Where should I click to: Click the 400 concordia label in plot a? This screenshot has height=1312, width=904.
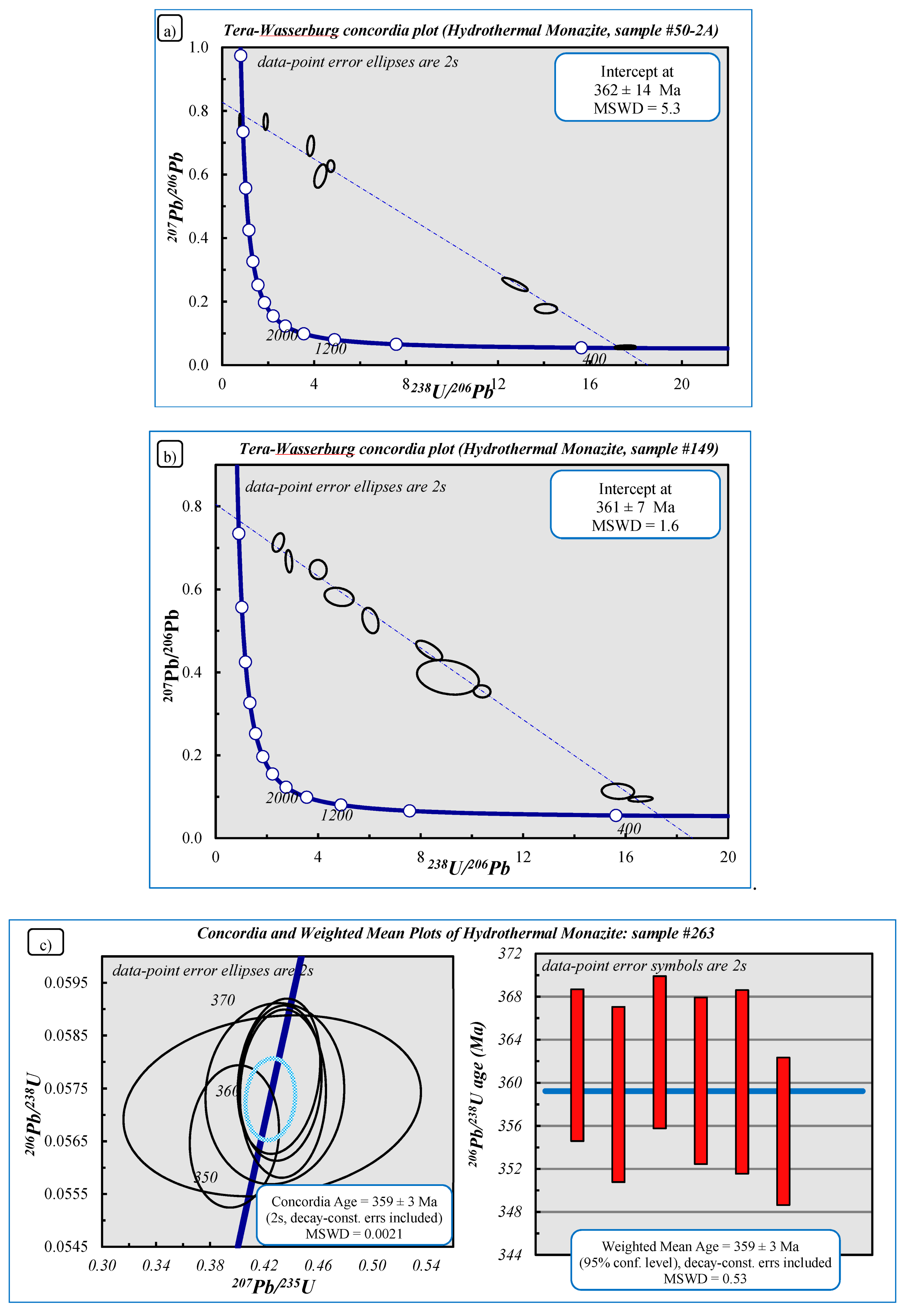tap(594, 359)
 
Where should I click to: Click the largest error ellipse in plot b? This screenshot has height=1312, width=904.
tap(448, 677)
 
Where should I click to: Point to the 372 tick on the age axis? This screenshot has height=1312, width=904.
tap(510, 954)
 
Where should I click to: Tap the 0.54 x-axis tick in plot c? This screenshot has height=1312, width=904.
tap(426, 1265)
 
